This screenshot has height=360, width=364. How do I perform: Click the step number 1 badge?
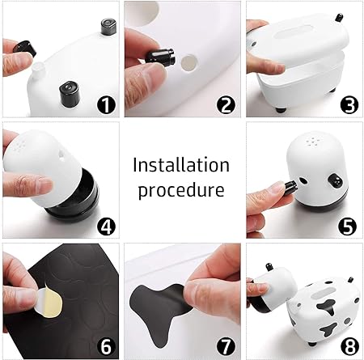click(106, 105)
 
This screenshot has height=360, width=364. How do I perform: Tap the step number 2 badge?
click(226, 105)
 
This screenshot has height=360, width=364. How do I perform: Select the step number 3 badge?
click(349, 105)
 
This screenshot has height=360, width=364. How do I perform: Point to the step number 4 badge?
click(106, 227)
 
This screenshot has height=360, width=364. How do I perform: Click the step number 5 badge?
click(348, 226)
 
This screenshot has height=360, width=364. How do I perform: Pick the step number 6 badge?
click(106, 347)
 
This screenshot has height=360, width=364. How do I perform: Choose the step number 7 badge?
click(226, 347)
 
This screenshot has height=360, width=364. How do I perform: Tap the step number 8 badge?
click(349, 346)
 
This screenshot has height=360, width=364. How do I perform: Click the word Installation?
click(181, 165)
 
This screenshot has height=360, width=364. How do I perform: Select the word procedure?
click(181, 191)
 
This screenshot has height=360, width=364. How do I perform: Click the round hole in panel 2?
click(189, 63)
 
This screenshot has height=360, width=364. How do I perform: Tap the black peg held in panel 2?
click(160, 57)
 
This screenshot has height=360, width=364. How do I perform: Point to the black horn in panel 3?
click(339, 18)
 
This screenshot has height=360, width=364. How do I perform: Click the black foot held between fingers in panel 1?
click(25, 49)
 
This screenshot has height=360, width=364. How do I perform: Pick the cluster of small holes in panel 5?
click(313, 141)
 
